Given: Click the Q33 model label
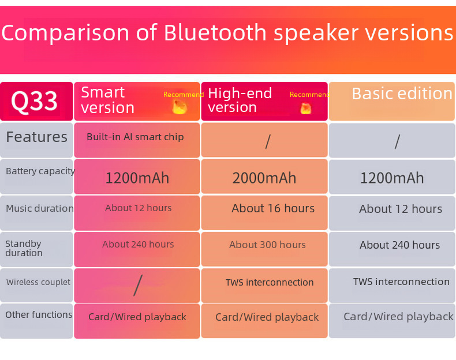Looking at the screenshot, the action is pos(34,101).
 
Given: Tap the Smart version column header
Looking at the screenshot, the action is pos(107,100).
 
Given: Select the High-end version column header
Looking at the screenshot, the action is pos(240,100).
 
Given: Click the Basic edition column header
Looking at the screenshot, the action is pos(402,93).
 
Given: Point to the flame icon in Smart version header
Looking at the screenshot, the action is pos(179,106).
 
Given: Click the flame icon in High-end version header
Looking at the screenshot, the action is pos(306,108).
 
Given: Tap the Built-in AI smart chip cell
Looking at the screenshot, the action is pos(135,137).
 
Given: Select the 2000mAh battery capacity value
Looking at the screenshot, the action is pos(264,178).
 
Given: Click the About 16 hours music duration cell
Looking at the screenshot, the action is pos(273,208).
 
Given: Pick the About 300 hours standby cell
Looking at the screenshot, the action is pos(267,245).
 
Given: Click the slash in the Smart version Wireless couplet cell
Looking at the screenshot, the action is pos(138,286).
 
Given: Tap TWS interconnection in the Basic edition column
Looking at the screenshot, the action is pos(401,282).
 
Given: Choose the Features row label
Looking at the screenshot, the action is pos(36,137).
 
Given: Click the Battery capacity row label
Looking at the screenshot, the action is pos(40,171).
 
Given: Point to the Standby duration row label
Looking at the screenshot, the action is pos(24,248).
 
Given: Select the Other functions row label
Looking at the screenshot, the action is pos(39,314).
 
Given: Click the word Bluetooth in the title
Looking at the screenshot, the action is pos(215,32).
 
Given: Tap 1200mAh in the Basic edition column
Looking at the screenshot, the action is pos(392,178).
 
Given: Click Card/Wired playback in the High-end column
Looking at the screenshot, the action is pos(267,317).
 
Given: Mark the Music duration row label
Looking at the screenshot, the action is pos(40,208).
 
